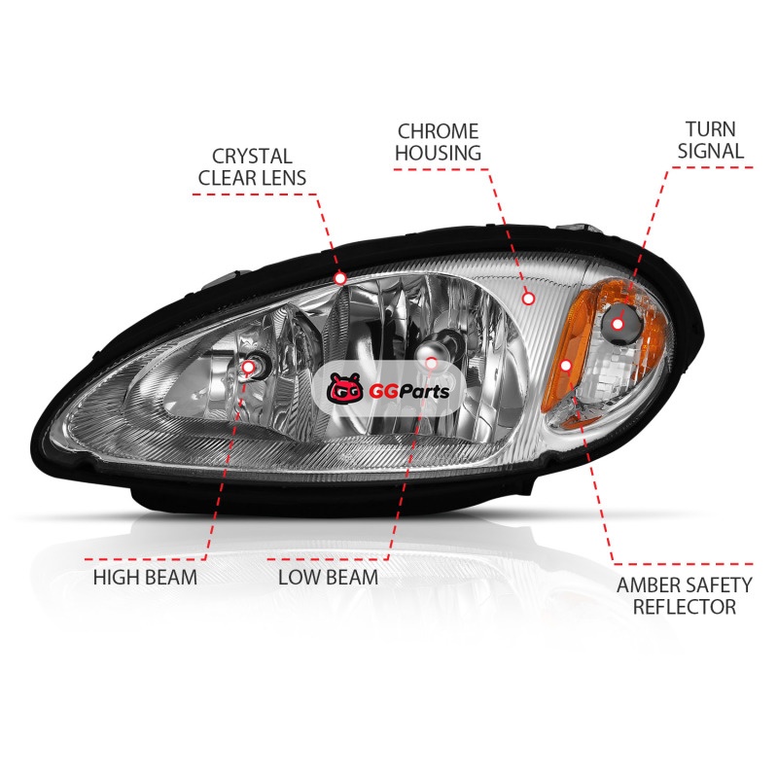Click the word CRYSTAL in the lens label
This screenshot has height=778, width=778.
[x=252, y=157]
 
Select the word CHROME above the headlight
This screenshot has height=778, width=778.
[x=438, y=131]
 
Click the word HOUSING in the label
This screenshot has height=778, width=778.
[x=438, y=153]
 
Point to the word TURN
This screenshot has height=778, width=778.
[x=711, y=129]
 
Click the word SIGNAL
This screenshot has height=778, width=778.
[x=711, y=151]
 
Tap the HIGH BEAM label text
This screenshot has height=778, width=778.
[x=145, y=578]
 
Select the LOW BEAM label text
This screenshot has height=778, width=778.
[x=328, y=578]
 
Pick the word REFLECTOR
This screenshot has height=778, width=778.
[x=685, y=607]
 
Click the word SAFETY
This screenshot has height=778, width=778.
[x=717, y=585]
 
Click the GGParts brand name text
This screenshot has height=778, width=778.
[x=408, y=392]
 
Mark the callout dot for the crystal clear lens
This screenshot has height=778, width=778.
[x=339, y=278]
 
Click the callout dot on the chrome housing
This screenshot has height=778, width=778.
[x=528, y=299]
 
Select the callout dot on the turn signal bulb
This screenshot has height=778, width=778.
[x=618, y=324]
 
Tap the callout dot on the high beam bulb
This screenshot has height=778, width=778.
[x=248, y=368]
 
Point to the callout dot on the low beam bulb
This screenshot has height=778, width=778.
[x=431, y=363]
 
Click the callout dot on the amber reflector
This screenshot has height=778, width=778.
[x=565, y=366]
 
